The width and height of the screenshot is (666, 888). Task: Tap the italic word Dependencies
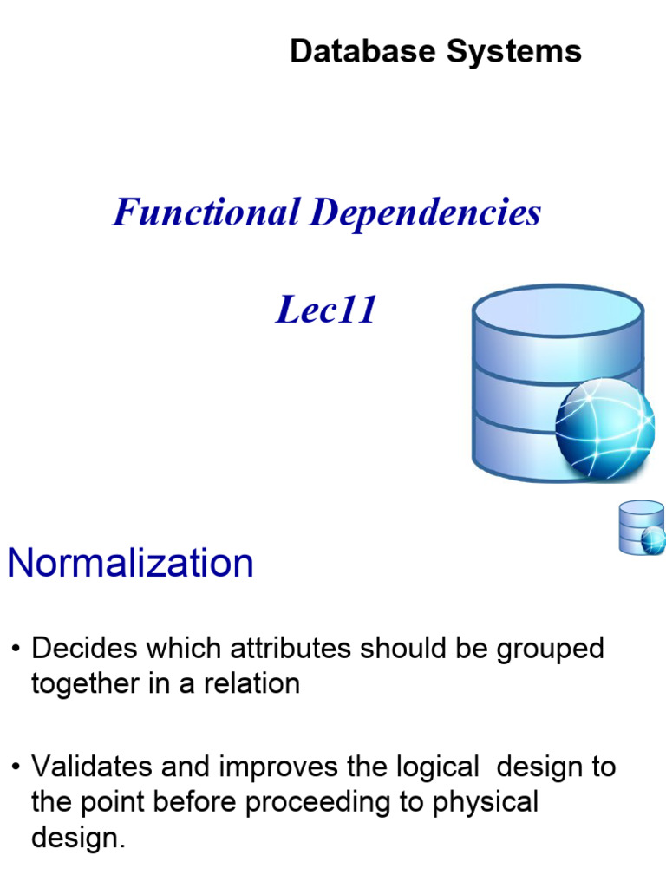click(425, 213)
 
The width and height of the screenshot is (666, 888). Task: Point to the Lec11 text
click(326, 310)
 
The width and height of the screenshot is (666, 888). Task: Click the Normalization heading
click(130, 564)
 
